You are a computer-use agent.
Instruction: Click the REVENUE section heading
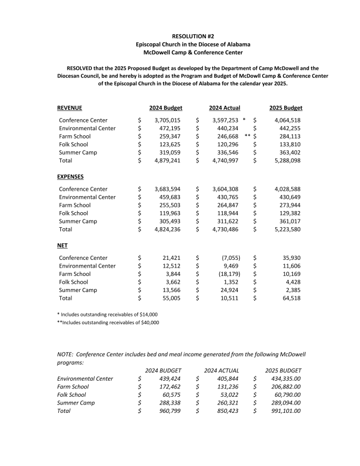pos(70,107)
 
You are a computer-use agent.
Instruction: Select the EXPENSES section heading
pos(70,177)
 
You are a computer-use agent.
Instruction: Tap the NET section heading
pos(63,245)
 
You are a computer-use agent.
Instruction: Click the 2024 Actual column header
pos(224,107)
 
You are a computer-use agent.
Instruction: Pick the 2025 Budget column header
pos(286,107)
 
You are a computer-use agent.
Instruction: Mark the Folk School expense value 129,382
pos(288,213)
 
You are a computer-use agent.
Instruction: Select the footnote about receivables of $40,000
pos(108,322)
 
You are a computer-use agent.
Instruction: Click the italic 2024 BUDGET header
pos(163,370)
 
